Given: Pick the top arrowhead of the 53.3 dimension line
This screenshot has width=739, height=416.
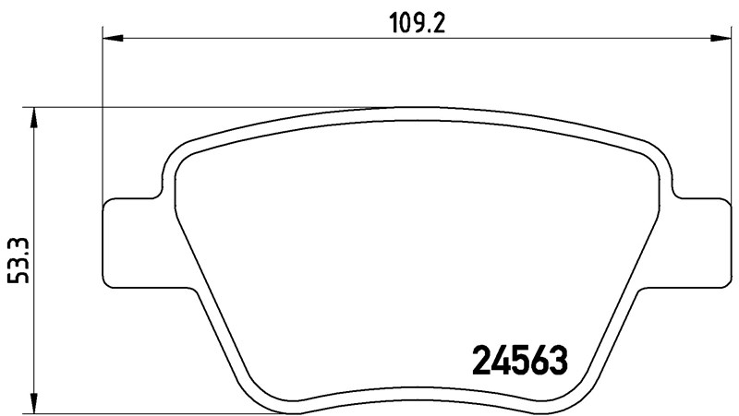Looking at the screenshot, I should click(x=34, y=116).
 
